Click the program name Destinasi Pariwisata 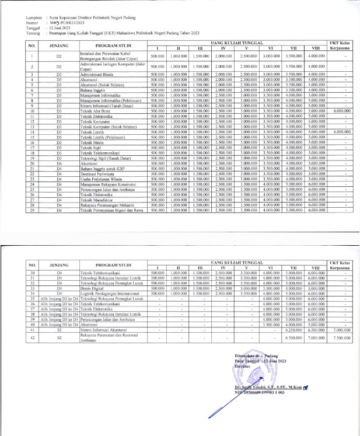tap(97, 175)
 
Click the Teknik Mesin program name tap(93, 142)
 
